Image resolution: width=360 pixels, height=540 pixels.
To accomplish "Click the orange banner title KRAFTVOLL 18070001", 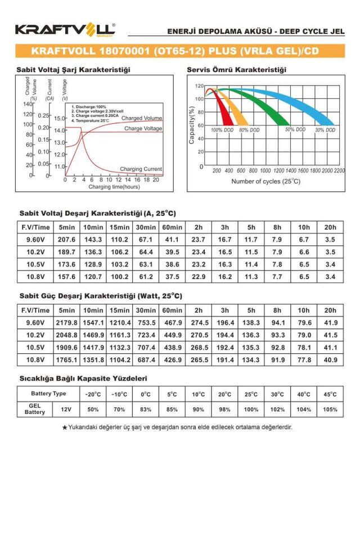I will pos(175,51).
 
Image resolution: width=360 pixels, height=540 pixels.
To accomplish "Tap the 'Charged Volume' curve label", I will pos(142,118).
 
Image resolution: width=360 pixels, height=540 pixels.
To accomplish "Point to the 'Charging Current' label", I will pos(141,169).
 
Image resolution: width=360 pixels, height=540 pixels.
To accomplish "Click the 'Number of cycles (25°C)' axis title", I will pos(266,181).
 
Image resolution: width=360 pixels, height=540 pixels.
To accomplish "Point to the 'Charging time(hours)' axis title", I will pos(114,186).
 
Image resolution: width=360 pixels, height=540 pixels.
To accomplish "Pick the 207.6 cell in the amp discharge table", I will pos(66,240).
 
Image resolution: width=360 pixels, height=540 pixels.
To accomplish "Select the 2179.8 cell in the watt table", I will pos(66,323).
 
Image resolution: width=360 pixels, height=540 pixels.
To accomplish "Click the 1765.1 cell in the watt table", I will pos(66,360).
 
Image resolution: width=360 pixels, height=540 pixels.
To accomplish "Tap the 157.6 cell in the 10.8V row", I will pos(66,277).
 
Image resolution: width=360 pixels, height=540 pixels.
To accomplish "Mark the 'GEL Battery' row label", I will pos(35,409).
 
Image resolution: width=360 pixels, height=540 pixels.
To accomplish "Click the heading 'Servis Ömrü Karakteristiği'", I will pos(236,70).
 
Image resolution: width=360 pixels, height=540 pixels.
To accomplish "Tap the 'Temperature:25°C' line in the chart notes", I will pos(91,120).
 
